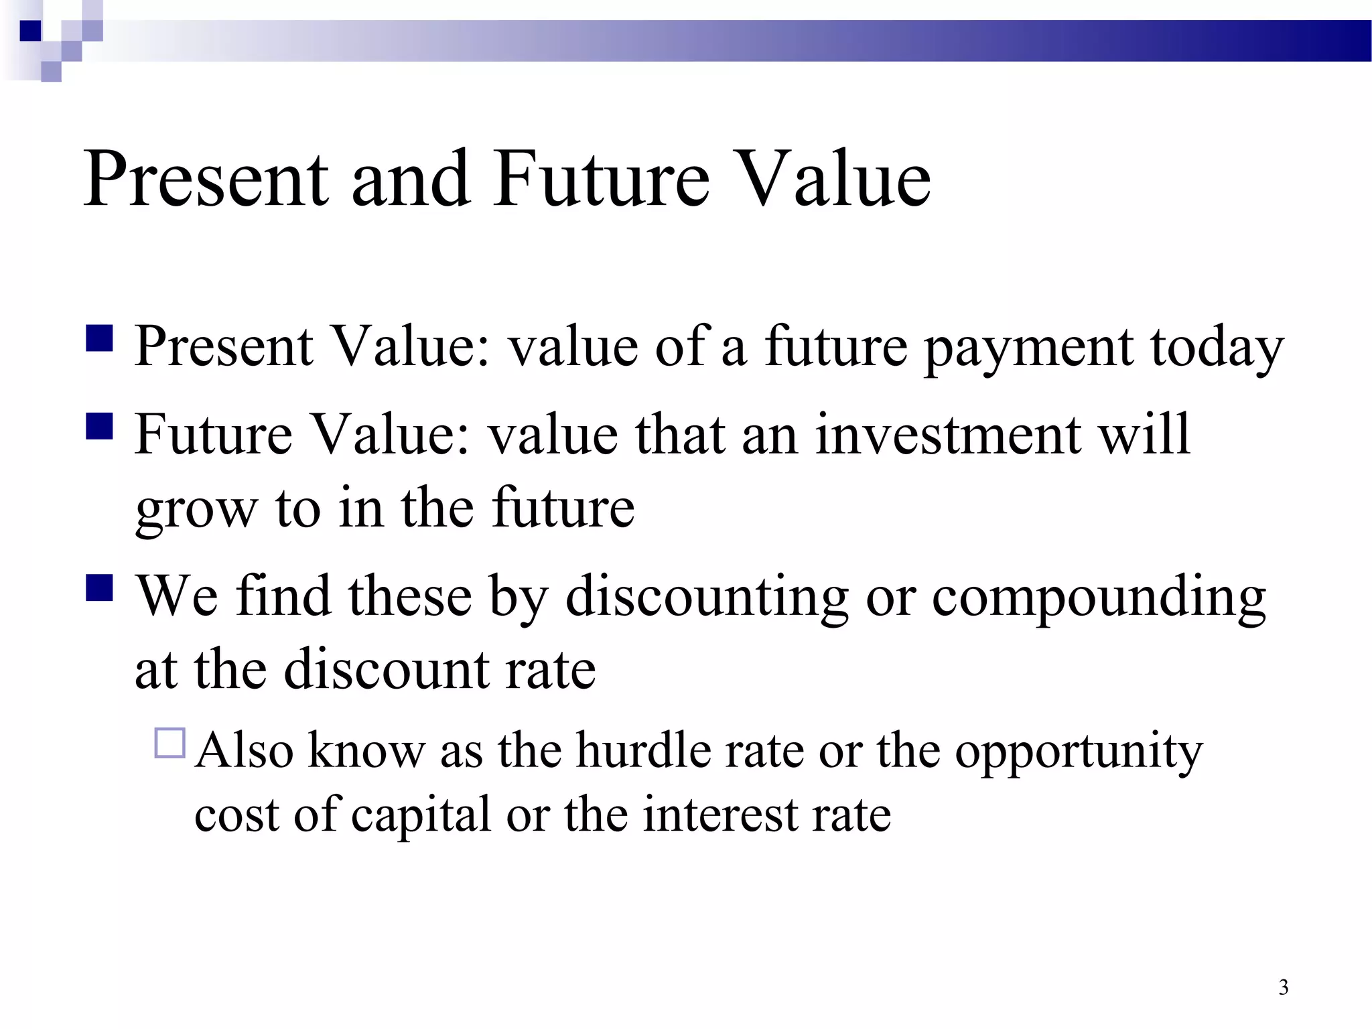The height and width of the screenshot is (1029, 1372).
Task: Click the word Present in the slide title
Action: [x=206, y=179]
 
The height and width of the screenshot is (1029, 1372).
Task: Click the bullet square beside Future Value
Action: [x=99, y=426]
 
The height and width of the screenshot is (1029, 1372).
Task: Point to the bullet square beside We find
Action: [x=99, y=588]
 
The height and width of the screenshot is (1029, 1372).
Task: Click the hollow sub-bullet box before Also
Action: [x=169, y=743]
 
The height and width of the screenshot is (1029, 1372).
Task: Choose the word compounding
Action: [x=1099, y=596]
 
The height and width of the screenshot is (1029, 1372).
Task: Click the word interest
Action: [x=721, y=815]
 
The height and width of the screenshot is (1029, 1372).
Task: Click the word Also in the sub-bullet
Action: [x=245, y=750]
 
